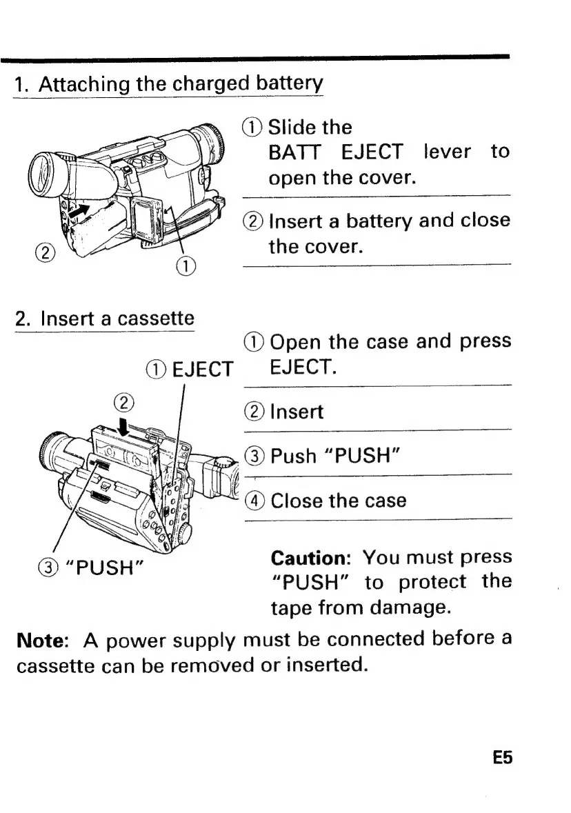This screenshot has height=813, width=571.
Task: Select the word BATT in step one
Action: pos(292,152)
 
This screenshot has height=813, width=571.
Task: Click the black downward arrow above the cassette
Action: pos(125,419)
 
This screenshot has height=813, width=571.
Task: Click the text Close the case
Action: pos(339,500)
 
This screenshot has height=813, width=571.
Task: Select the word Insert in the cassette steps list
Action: pos(297,412)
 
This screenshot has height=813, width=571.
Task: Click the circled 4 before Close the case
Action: pos(254,500)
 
